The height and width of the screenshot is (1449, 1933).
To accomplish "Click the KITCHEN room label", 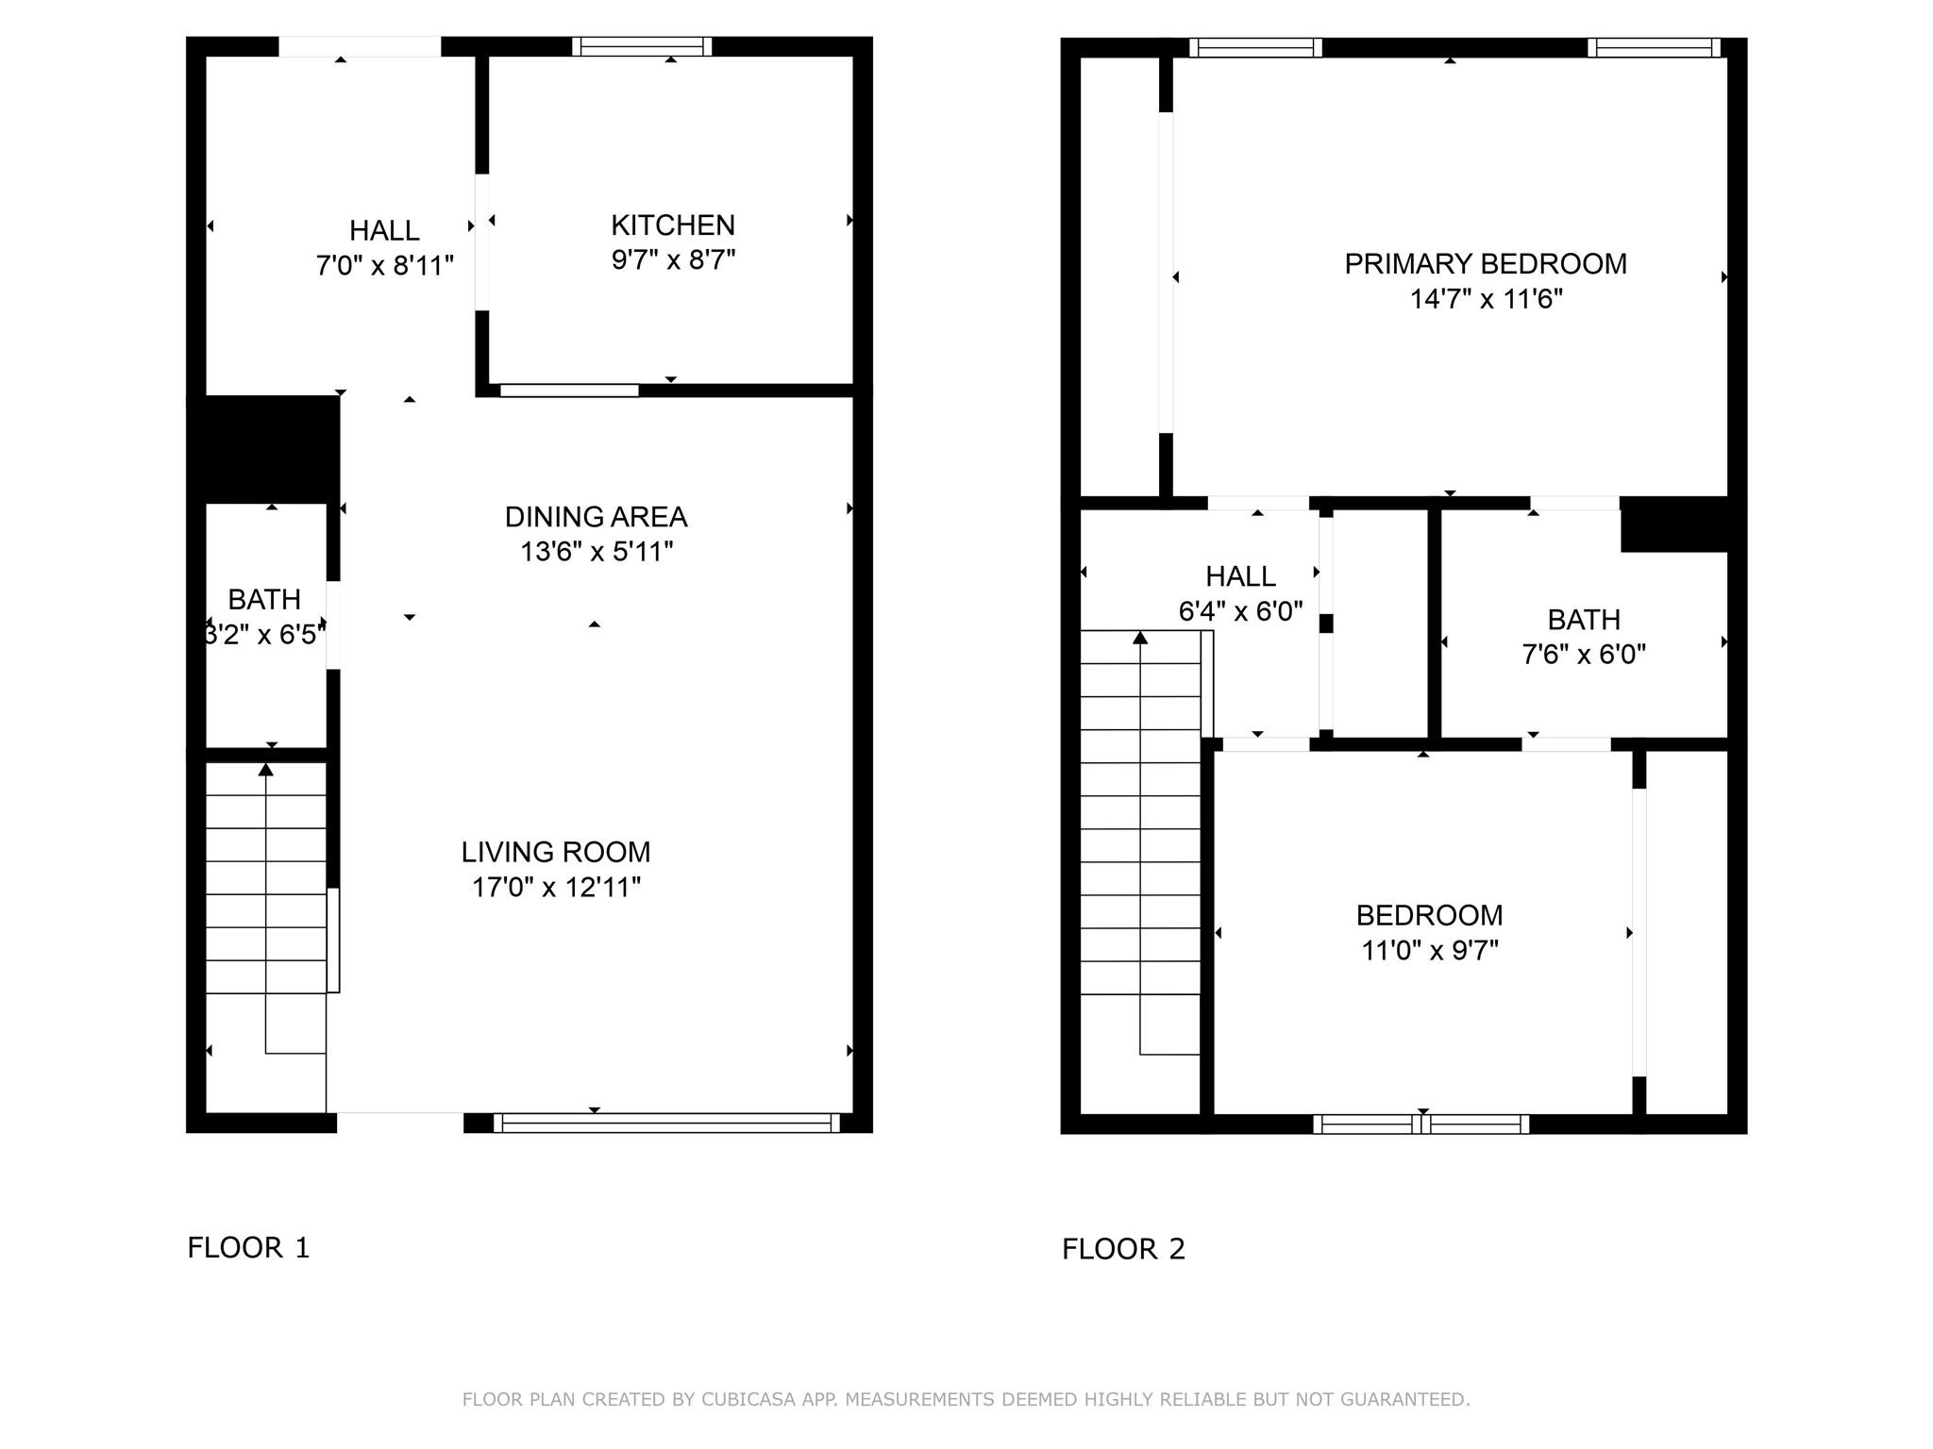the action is click(673, 225).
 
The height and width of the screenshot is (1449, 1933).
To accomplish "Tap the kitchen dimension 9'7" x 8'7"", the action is click(673, 259).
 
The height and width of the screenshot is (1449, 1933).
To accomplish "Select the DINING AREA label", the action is click(597, 517).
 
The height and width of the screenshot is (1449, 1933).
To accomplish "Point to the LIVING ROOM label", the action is click(556, 852).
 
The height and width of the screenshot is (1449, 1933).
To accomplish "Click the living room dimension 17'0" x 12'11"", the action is click(556, 887).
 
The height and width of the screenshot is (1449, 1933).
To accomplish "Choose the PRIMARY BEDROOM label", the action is click(1486, 264).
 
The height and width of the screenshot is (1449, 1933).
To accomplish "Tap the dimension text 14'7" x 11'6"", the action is click(1486, 299).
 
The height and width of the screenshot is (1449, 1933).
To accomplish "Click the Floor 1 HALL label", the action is click(384, 230).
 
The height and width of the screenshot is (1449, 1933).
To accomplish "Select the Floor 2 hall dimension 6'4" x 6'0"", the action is click(1240, 611).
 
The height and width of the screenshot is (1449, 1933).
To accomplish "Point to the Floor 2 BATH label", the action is click(1584, 620).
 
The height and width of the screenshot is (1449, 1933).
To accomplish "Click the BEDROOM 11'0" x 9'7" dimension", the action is click(1429, 950).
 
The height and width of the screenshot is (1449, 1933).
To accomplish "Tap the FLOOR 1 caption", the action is click(248, 1248).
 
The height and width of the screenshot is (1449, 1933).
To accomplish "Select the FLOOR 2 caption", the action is click(1123, 1249).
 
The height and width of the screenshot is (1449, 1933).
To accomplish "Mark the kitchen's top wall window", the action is click(642, 46).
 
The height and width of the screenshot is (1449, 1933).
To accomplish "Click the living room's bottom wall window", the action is click(666, 1123).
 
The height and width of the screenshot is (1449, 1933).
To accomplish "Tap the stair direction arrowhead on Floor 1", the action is click(266, 770).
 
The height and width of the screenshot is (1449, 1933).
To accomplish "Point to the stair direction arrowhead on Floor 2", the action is click(1140, 638).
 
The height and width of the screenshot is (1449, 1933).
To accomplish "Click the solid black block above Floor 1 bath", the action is click(263, 449).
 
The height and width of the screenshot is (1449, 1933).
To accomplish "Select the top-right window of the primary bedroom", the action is click(1654, 47).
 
